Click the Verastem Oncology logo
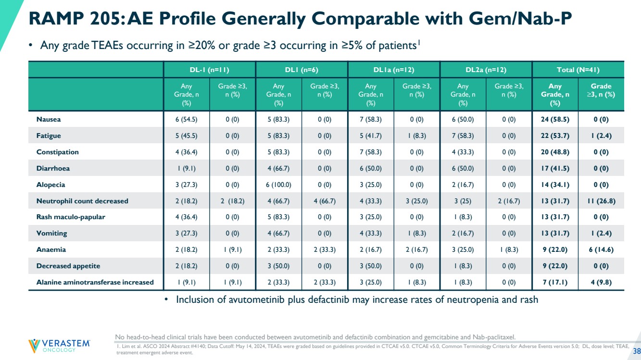59,346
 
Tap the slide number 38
637,350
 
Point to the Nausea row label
49,119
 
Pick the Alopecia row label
50,185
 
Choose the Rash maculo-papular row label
71,217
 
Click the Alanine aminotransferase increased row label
95,282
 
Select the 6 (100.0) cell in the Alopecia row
278,185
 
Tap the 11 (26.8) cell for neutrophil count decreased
601,201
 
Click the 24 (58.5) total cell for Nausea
555,119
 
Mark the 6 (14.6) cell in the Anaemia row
601,249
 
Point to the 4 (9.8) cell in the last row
601,282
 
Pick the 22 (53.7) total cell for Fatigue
555,136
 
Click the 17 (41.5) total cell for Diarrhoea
555,168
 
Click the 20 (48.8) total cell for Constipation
555,152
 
